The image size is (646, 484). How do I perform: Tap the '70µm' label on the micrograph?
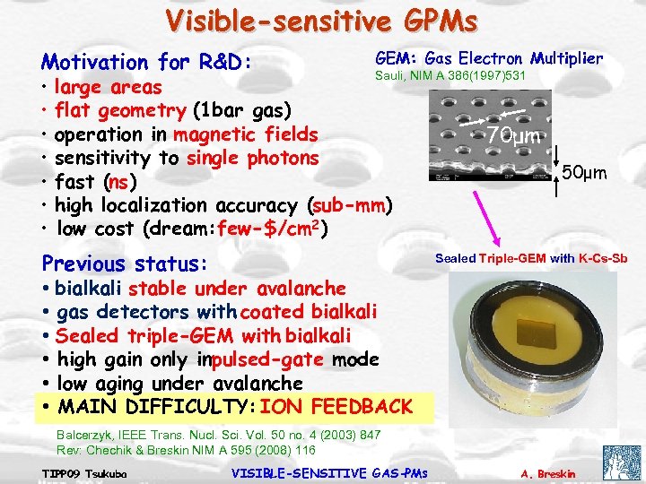click(512, 136)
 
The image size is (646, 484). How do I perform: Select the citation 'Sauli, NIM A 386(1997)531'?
click(450, 76)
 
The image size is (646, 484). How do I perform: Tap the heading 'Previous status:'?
click(125, 264)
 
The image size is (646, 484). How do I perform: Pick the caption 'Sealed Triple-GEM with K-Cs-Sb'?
click(531, 259)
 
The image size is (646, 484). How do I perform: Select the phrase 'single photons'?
click(253, 159)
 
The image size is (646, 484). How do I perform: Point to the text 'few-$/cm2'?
click(275, 229)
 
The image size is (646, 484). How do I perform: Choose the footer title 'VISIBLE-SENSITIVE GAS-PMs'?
click(330, 472)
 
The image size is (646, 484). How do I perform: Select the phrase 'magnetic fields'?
click(246, 134)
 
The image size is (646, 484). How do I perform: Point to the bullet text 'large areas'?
click(108, 88)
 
